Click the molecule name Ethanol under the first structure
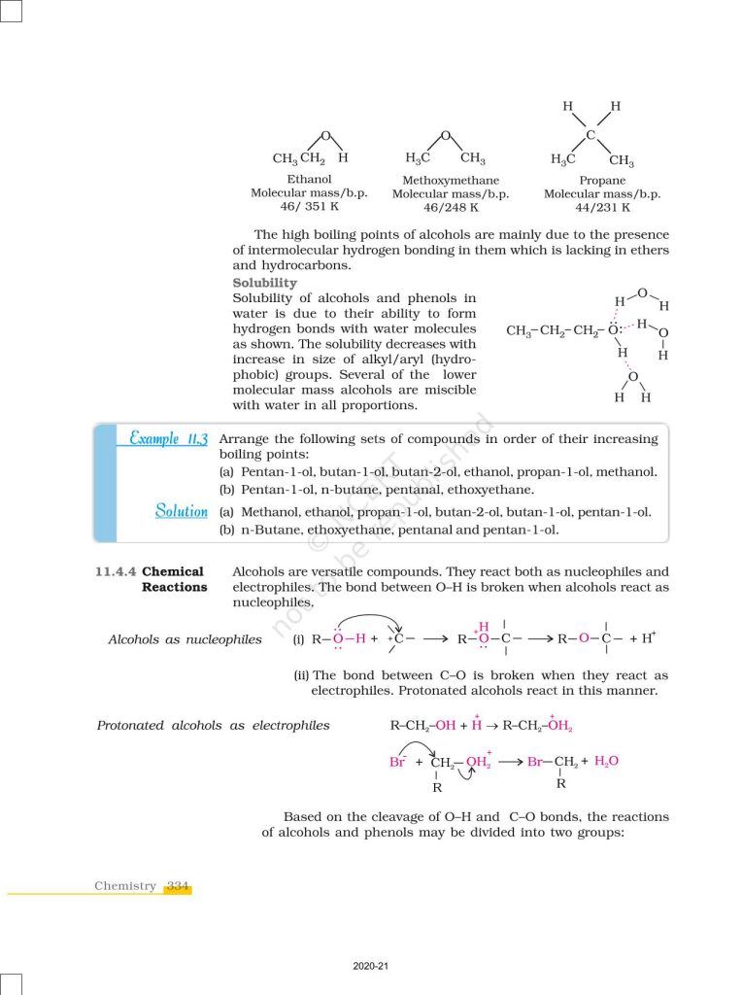309,180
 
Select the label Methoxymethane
451,181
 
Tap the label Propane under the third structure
602,181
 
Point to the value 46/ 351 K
309,207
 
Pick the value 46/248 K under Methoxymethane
451,207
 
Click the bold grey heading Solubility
264,283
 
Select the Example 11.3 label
169,438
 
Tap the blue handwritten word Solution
182,511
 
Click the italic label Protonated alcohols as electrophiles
213,725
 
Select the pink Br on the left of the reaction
396,762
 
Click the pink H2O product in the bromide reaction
606,761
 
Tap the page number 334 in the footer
178,886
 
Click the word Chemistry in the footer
125,886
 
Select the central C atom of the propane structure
590,134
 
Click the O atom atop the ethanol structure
325,136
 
